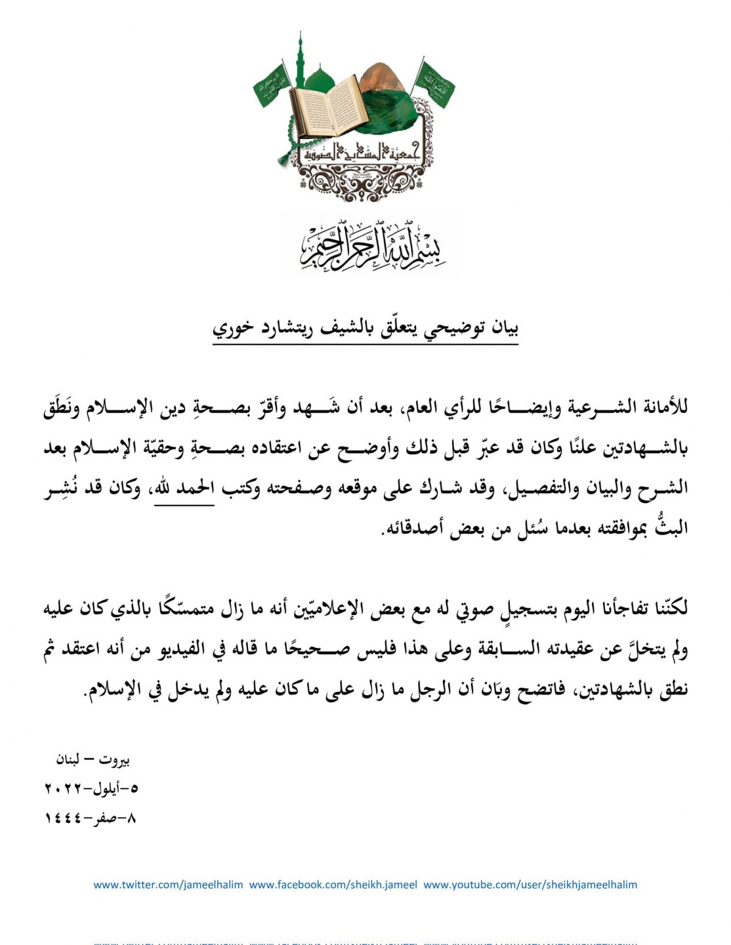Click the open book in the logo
coord(329,105)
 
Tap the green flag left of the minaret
coord(271,86)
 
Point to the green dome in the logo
coord(319,79)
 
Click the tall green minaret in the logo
coord(300,61)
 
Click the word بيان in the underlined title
coord(504,328)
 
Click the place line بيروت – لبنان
coord(93,760)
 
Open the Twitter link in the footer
coord(168,885)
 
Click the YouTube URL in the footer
coord(530,885)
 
